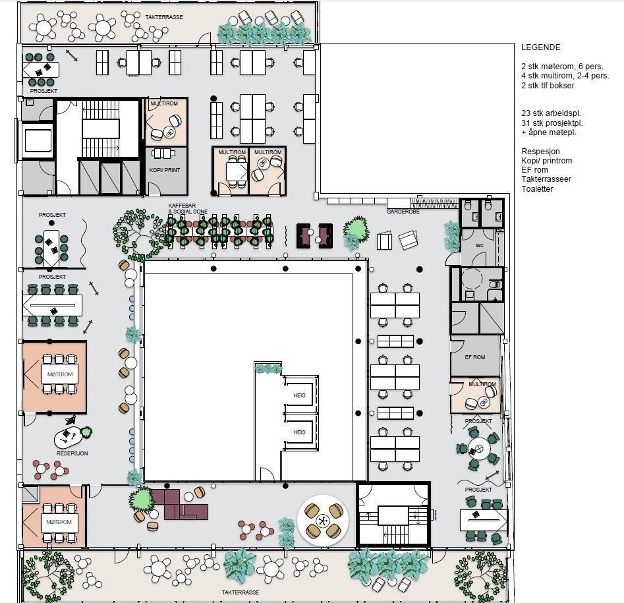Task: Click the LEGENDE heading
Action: [540, 47]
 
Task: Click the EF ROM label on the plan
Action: [474, 357]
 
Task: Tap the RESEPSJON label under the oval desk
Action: [72, 453]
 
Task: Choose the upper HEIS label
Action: [299, 395]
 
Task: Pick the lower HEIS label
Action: [299, 433]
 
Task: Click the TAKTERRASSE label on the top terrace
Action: [164, 16]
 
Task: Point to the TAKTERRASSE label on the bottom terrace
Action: [241, 592]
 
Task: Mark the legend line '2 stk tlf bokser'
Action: [547, 86]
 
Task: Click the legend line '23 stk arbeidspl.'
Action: [551, 113]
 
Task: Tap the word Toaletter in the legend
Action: [537, 189]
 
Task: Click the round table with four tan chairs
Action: [323, 521]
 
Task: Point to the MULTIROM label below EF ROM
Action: [482, 384]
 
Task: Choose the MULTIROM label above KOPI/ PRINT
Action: [163, 104]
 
